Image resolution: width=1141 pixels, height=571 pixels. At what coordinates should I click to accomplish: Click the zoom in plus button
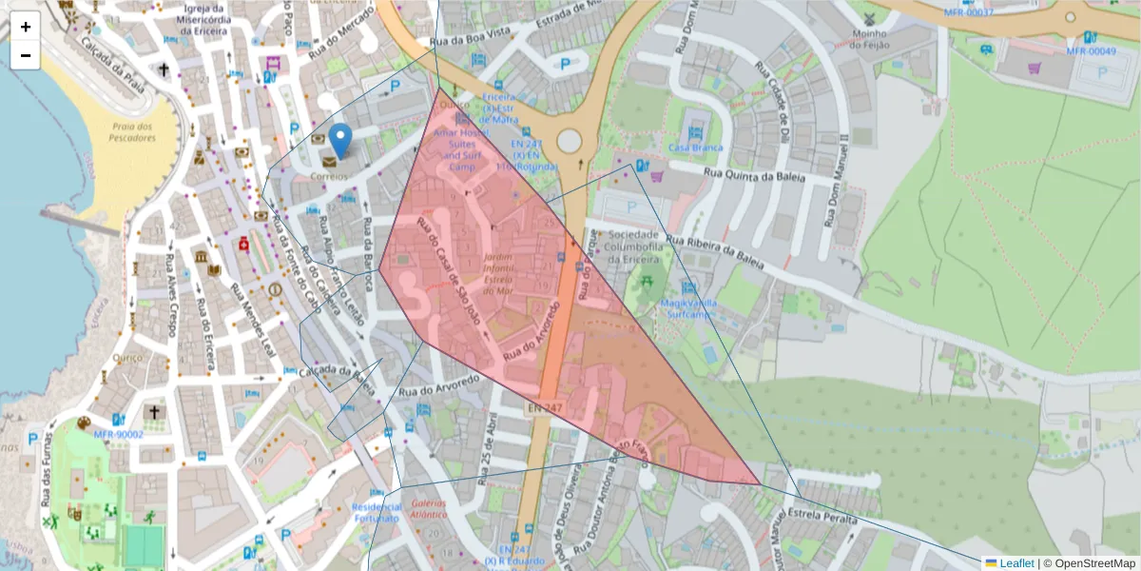tap(26, 27)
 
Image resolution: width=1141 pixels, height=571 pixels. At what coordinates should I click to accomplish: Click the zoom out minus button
tap(26, 55)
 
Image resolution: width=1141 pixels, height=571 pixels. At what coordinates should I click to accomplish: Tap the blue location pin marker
tap(339, 141)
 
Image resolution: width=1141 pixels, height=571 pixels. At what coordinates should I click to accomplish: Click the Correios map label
tap(328, 177)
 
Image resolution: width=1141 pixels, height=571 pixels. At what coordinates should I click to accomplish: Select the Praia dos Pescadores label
tap(131, 132)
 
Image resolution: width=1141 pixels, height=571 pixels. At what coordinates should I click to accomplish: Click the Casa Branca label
tap(695, 148)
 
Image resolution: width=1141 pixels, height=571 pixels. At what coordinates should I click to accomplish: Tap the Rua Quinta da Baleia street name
tap(754, 176)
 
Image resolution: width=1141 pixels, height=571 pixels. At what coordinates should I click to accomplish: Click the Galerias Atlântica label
tap(428, 509)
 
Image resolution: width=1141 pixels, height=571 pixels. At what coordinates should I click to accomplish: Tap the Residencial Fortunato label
tap(375, 512)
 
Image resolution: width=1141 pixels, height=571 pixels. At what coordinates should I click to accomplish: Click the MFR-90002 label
tap(118, 434)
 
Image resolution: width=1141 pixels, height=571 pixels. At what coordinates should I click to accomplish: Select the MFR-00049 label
tap(1091, 50)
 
